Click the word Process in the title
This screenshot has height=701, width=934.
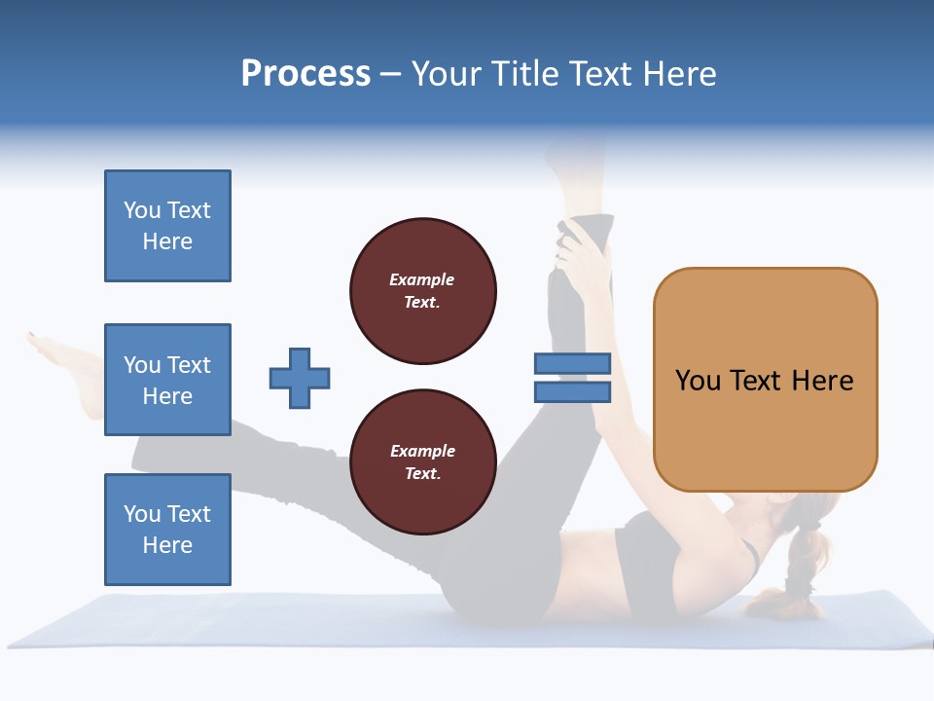tap(305, 74)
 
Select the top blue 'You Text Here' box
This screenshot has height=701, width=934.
tap(167, 226)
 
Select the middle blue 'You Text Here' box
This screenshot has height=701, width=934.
tap(167, 380)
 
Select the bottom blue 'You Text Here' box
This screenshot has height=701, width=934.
tap(167, 530)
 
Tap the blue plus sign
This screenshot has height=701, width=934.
tap(300, 378)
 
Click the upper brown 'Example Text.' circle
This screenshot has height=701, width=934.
tap(422, 291)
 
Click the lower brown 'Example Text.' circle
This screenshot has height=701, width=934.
tap(422, 462)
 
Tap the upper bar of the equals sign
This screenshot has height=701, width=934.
tap(572, 363)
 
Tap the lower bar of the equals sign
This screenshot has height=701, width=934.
tap(572, 392)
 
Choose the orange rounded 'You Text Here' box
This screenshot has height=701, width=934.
tap(765, 380)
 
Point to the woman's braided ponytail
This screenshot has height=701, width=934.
tap(800, 565)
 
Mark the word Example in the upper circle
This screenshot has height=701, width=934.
tap(421, 279)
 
